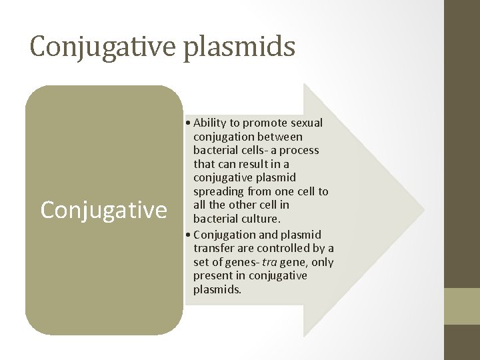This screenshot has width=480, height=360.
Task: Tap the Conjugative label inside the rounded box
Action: [103, 210]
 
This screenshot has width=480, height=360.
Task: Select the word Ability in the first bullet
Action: [211, 123]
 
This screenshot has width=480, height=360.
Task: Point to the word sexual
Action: [305, 123]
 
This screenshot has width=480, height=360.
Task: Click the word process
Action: [295, 150]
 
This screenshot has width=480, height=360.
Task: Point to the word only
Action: [322, 262]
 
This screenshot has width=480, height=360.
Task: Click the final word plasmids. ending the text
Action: [217, 289]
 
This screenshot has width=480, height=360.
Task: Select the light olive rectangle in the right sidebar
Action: [461, 305]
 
